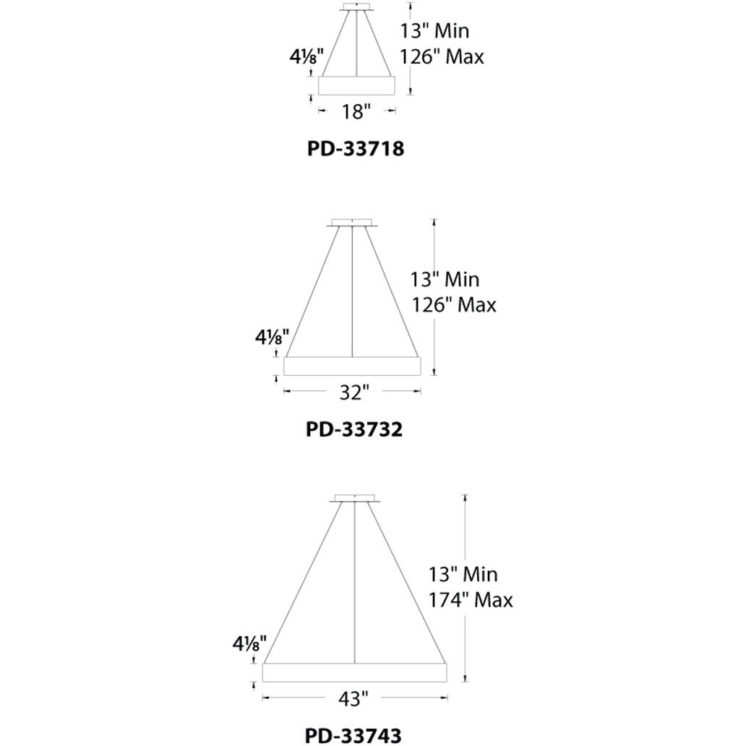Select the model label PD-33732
[x=354, y=429]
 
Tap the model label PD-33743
[x=353, y=735]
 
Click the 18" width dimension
[x=356, y=111]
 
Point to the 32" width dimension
[x=354, y=392]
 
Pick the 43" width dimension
[x=354, y=698]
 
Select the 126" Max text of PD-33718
[x=442, y=56]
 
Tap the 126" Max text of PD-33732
[x=454, y=304]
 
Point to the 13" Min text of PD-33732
[x=445, y=279]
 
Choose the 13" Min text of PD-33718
[x=434, y=31]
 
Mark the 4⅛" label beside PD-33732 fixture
[x=272, y=336]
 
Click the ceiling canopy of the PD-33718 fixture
[x=357, y=8]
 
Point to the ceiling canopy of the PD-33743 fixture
[x=355, y=497]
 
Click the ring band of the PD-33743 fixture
[x=355, y=672]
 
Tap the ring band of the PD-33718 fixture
[x=357, y=85]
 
